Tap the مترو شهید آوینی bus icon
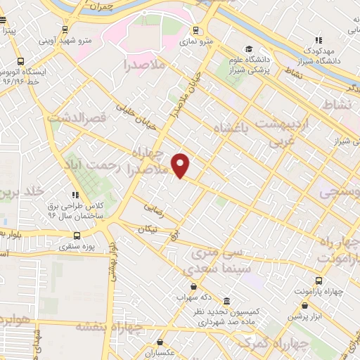tap(65, 30)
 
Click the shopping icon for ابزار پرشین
tap(304, 306)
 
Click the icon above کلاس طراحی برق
tap(75, 195)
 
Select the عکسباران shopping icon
tap(160, 342)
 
